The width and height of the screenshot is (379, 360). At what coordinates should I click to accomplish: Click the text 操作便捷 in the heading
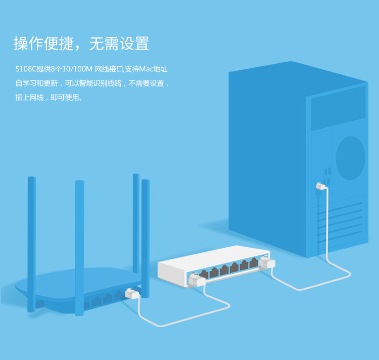click(x=43, y=43)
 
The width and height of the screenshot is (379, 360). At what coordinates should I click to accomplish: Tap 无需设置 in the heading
click(x=119, y=43)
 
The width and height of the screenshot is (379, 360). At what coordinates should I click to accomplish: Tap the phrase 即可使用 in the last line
click(x=66, y=97)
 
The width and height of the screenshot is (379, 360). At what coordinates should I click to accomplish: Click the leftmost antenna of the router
click(x=32, y=243)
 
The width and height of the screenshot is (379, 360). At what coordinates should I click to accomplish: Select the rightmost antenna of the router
click(x=146, y=238)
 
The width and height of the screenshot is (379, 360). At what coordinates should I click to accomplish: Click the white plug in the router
click(x=132, y=294)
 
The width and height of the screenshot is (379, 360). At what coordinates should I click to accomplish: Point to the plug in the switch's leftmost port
click(x=195, y=280)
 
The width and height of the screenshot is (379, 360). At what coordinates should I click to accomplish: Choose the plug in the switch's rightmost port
click(x=266, y=263)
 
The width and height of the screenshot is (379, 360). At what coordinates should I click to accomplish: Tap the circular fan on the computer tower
click(x=350, y=157)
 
